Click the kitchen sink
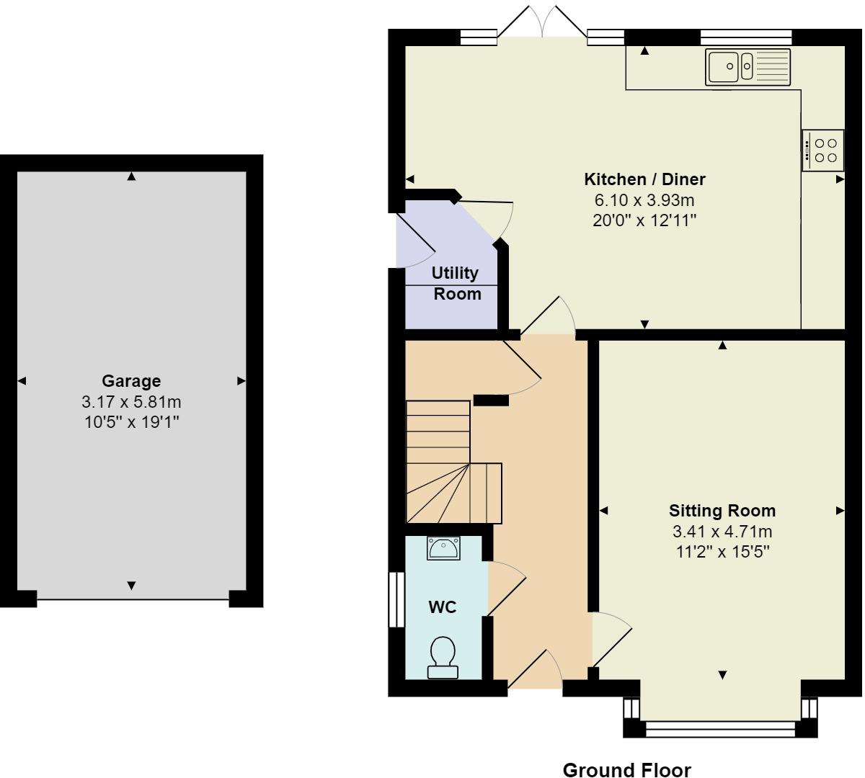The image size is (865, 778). (x=748, y=67)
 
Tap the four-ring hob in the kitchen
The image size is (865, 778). (x=822, y=150)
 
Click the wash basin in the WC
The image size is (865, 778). (x=443, y=548)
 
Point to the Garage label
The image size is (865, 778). (x=131, y=381)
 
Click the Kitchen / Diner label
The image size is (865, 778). (x=644, y=179)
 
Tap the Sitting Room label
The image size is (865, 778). (x=722, y=511)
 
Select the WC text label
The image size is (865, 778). (x=443, y=607)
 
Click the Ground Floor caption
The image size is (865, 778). (x=627, y=770)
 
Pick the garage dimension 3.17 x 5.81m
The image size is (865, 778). (x=131, y=402)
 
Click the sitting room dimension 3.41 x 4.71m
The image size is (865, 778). (x=722, y=532)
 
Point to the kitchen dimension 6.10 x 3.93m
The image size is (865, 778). (x=644, y=200)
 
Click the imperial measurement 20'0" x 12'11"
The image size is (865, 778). (x=644, y=220)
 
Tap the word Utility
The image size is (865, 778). (x=455, y=273)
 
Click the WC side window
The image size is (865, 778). (x=396, y=599)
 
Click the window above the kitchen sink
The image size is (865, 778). (x=746, y=37)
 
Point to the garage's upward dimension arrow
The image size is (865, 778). (x=131, y=176)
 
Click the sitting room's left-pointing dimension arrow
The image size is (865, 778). (x=603, y=511)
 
